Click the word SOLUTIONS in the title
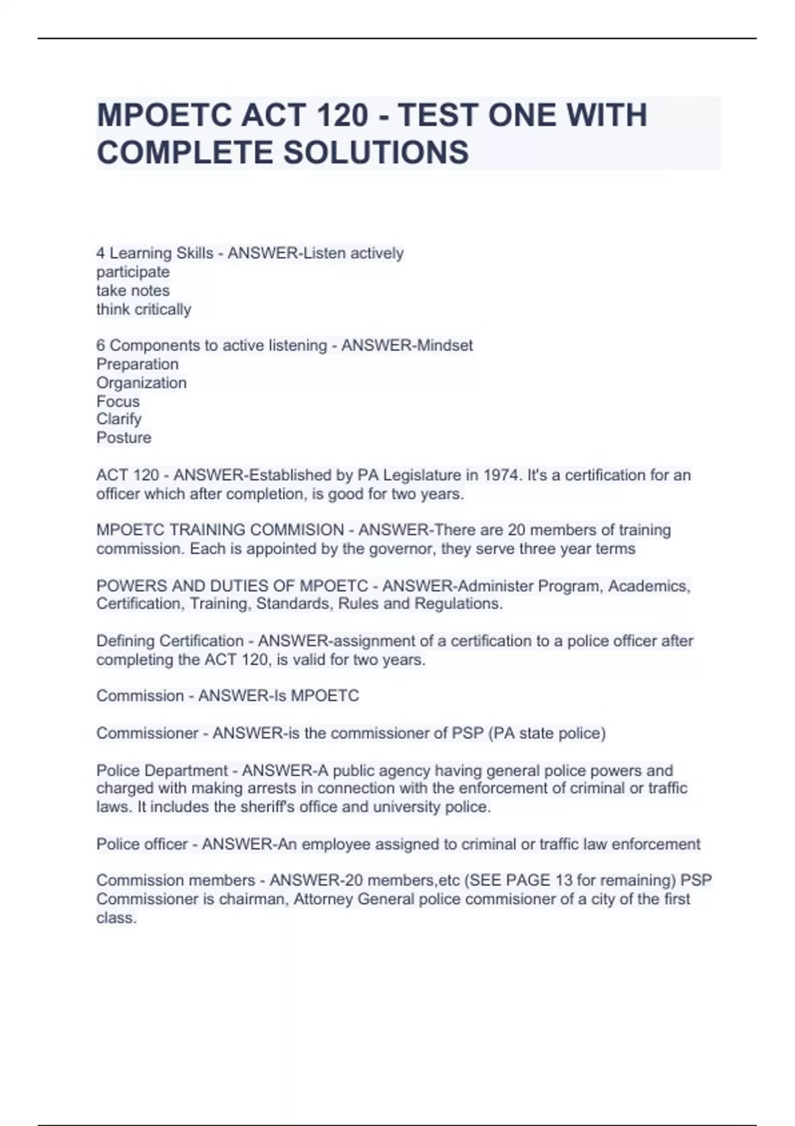(x=376, y=152)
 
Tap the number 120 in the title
(x=343, y=115)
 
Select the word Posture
(x=124, y=438)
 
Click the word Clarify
(x=119, y=419)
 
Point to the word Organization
(x=142, y=383)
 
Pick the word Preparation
(x=138, y=364)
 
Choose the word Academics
(x=649, y=586)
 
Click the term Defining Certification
(x=170, y=641)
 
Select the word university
(x=409, y=807)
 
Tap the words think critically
(x=144, y=309)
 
